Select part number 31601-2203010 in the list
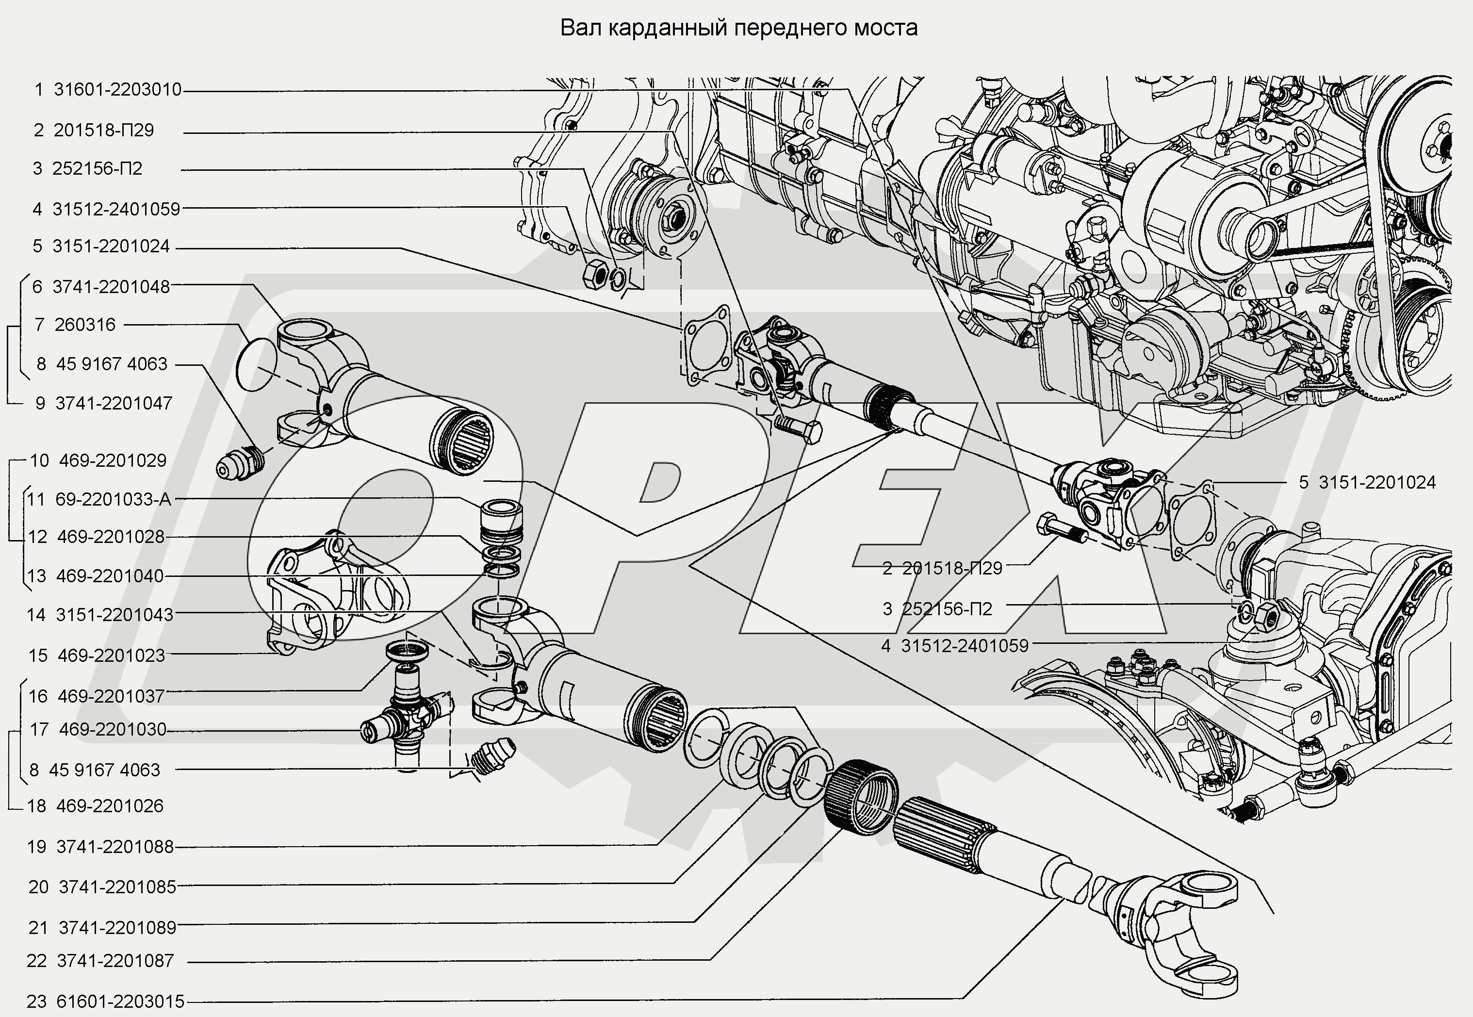[117, 90]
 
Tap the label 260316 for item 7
[85, 325]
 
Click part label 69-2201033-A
[113, 499]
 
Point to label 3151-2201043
[114, 615]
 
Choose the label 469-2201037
[111, 696]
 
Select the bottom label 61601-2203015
[120, 1001]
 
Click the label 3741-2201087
[115, 961]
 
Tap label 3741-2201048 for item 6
[111, 287]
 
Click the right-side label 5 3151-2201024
[1376, 482]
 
